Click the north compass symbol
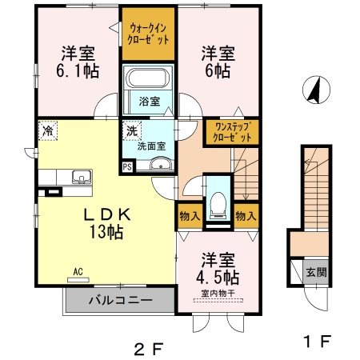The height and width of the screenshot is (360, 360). pyautogui.click(x=316, y=90)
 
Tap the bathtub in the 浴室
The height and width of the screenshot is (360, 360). pyautogui.click(x=148, y=78)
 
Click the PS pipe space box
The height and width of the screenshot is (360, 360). pyautogui.click(x=127, y=167)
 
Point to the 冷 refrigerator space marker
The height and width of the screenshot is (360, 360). pyautogui.click(x=48, y=130)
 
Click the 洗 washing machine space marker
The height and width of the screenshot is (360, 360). pyautogui.click(x=132, y=131)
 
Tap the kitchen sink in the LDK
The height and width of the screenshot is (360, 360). pyautogui.click(x=82, y=177)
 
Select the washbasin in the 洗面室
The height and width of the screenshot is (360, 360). pyautogui.click(x=161, y=164)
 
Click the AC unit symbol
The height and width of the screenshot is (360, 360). pyautogui.click(x=78, y=280)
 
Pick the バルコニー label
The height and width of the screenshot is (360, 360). pyautogui.click(x=121, y=300)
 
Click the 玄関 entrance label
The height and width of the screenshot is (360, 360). pyautogui.click(x=316, y=272)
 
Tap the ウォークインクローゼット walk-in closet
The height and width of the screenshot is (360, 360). pyautogui.click(x=148, y=34)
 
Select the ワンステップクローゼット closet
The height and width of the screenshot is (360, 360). pyautogui.click(x=232, y=132)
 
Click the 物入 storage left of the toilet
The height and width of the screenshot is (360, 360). pyautogui.click(x=190, y=216)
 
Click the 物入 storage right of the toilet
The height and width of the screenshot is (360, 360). pyautogui.click(x=246, y=216)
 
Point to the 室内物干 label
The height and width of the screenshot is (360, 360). pyautogui.click(x=218, y=294)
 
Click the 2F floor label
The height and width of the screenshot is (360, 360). pyautogui.click(x=149, y=349)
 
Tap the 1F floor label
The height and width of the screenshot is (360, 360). pyautogui.click(x=318, y=341)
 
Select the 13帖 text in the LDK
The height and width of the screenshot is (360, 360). pyautogui.click(x=106, y=231)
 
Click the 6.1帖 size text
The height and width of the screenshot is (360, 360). pyautogui.click(x=78, y=70)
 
